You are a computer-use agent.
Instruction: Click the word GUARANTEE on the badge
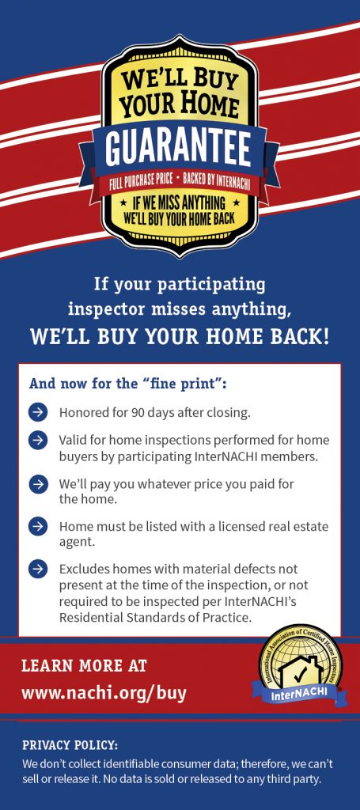tap(179, 147)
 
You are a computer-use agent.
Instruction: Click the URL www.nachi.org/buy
tap(104, 692)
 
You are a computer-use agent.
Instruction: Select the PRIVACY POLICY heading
tap(70, 745)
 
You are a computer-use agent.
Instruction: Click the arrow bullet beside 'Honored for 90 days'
tap(38, 412)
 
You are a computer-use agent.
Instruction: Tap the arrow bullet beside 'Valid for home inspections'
tap(38, 440)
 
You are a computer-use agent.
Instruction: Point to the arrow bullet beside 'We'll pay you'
tap(38, 485)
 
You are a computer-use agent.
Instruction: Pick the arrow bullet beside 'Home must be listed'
tap(38, 526)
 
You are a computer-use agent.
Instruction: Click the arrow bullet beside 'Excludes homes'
tap(38, 569)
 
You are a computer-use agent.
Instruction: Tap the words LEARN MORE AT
tap(84, 665)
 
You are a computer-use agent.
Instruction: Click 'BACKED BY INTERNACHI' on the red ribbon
tap(216, 185)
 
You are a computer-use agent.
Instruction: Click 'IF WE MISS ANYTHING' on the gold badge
tap(180, 202)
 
